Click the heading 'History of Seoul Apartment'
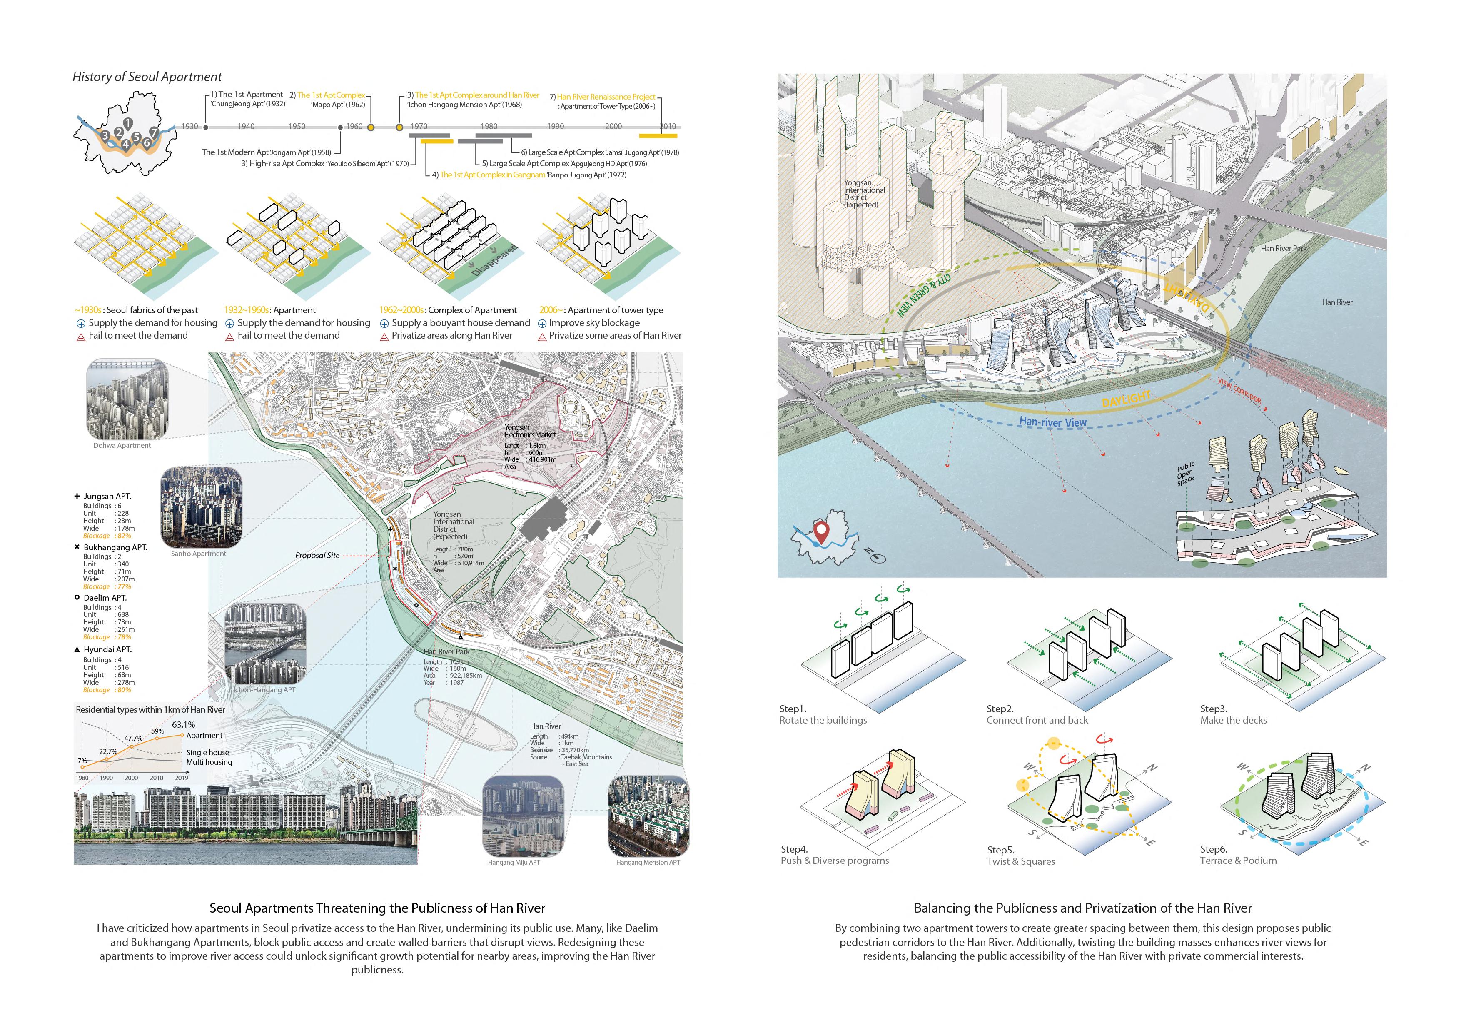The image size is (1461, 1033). [x=147, y=77]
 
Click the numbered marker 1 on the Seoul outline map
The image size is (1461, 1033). [x=128, y=123]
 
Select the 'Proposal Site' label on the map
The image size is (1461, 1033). [x=317, y=556]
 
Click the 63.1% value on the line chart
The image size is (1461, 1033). [x=183, y=724]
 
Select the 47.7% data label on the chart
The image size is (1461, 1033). [x=133, y=739]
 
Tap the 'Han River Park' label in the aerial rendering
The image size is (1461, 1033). [x=1284, y=248]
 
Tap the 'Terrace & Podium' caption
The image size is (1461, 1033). [x=1238, y=861]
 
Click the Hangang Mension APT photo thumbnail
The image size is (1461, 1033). [x=648, y=816]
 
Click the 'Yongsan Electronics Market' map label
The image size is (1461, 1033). [x=529, y=431]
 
